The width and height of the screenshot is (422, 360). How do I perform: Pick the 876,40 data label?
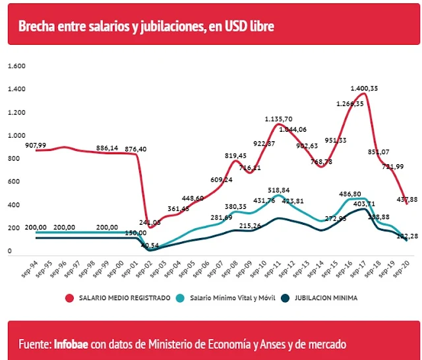(x=135, y=149)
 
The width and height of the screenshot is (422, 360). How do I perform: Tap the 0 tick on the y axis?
(x=10, y=252)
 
